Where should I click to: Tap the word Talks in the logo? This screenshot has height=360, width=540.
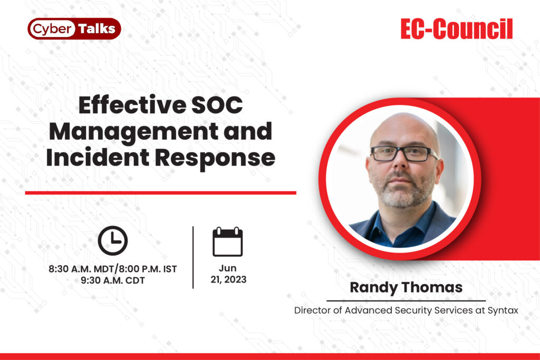[x=97, y=29]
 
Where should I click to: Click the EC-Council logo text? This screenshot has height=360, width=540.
[x=456, y=30]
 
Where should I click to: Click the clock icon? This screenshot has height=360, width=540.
[x=113, y=240]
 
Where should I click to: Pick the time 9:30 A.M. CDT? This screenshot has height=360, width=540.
[x=113, y=280]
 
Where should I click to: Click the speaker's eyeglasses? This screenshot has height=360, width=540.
[x=403, y=153]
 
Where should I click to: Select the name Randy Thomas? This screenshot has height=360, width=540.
[x=406, y=288]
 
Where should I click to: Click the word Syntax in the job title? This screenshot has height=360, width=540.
[x=504, y=310]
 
